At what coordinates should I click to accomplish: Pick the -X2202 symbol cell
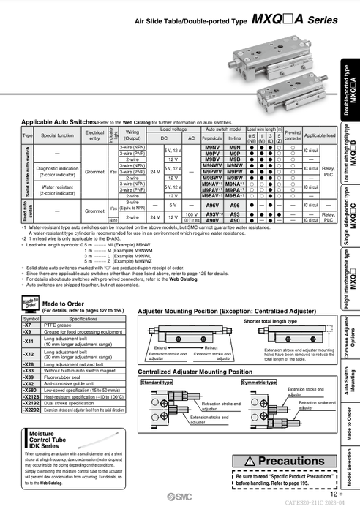[x=31, y=410]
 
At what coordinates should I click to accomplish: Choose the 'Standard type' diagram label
[x=157, y=383]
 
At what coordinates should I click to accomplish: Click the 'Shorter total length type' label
[x=271, y=321]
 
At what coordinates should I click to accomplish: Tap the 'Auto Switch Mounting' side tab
[x=351, y=378]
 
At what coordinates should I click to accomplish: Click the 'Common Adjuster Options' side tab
[x=351, y=333]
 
